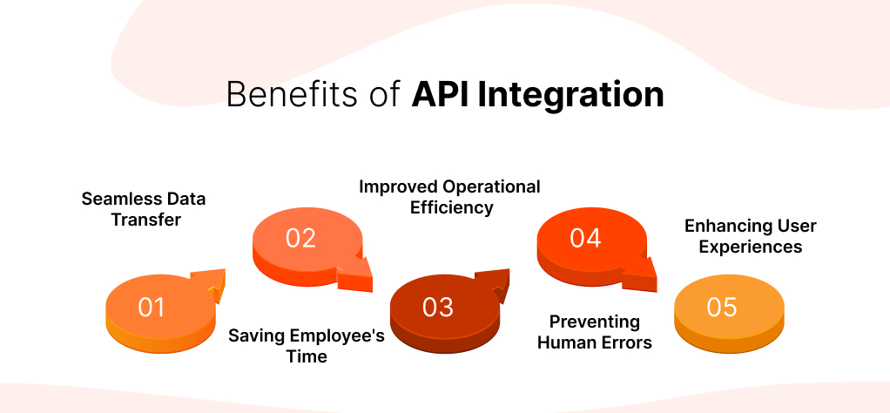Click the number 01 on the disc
click(152, 308)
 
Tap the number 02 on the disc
click(300, 238)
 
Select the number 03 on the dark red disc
click(438, 308)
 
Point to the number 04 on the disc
click(585, 238)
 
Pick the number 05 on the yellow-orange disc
click(722, 308)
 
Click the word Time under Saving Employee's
click(307, 356)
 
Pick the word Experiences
click(751, 247)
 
